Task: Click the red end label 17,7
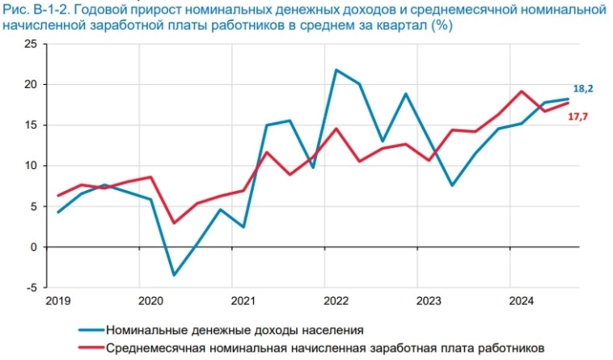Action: (x=578, y=117)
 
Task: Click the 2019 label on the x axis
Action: (x=58, y=301)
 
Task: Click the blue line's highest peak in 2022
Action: (x=336, y=70)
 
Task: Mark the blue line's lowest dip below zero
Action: (x=174, y=275)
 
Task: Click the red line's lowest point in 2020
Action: (x=174, y=222)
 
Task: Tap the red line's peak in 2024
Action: (x=522, y=91)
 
